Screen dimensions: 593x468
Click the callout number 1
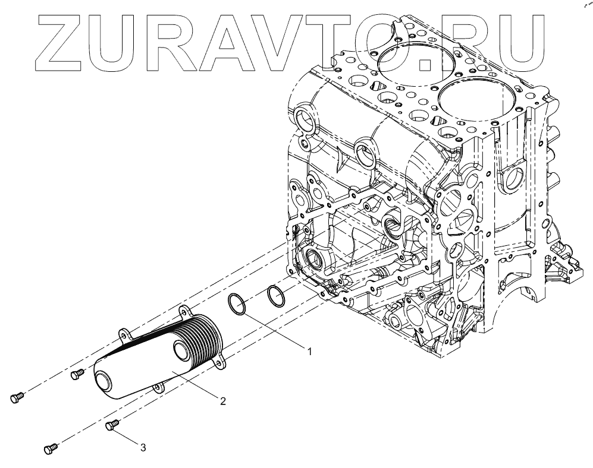[309, 352]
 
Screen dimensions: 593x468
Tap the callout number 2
[223, 401]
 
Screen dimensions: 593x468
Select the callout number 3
[143, 447]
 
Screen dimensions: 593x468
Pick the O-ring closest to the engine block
[275, 295]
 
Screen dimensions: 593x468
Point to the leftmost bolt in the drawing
[17, 398]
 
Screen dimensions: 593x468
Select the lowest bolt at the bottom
[51, 448]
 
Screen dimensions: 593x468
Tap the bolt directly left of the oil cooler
[77, 374]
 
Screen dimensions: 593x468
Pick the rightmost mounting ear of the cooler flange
[224, 361]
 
